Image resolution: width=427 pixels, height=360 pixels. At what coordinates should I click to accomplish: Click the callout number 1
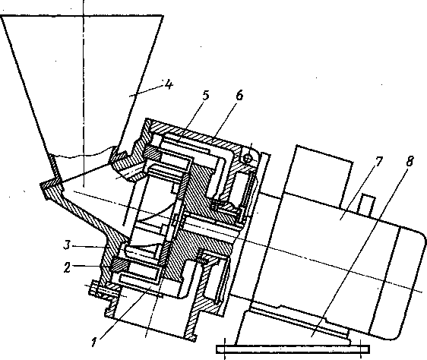pos(94,342)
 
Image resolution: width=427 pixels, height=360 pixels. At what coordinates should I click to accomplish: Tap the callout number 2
pos(67,267)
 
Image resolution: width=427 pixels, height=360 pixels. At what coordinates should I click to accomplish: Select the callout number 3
pos(68,245)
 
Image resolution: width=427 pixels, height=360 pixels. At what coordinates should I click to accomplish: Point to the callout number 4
pos(169,85)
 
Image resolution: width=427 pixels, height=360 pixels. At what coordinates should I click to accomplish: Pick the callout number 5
pos(206,95)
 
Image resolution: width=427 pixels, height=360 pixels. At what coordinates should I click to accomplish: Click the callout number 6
pos(239,96)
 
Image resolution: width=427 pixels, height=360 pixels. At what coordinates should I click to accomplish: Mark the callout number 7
pos(378,162)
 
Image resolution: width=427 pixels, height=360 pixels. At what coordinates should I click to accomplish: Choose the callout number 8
pos(410,161)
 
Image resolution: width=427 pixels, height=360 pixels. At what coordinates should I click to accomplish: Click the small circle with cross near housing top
pos(247,159)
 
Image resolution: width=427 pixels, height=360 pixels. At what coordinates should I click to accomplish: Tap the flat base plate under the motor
pos(293,349)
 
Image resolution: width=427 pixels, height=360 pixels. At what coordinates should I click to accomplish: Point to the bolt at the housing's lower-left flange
pos(103,290)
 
